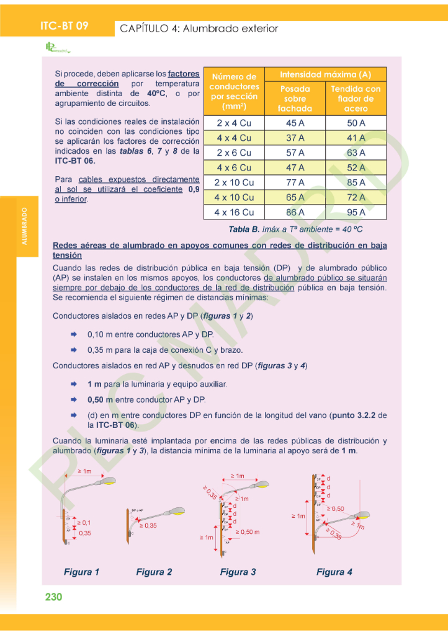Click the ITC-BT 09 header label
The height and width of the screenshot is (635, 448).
[x=64, y=26]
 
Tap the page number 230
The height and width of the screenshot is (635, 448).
[x=54, y=597]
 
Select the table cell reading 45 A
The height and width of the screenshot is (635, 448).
[x=295, y=123]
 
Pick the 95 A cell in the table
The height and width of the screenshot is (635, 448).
[x=356, y=212]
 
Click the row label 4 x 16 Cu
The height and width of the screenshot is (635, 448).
[x=233, y=212]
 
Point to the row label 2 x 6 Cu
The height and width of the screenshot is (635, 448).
[x=233, y=153]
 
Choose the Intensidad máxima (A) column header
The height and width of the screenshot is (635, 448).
[x=325, y=74]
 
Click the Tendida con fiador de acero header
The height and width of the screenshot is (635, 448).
[x=356, y=99]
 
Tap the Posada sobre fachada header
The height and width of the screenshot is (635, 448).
[x=295, y=99]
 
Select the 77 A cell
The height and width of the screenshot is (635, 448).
[x=295, y=182]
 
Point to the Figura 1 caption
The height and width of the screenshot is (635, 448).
[x=81, y=572]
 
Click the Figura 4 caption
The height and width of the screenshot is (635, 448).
[x=334, y=572]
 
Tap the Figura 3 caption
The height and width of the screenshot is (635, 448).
[x=238, y=572]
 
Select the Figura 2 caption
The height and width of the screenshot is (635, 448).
[x=154, y=572]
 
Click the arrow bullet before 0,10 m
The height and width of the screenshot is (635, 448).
[x=74, y=334]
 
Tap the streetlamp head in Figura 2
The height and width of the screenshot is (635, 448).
[x=174, y=512]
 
